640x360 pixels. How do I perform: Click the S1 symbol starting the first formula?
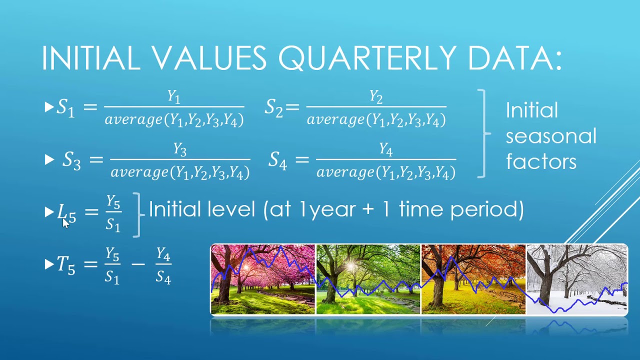coord(65,107)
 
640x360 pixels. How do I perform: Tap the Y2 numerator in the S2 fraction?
coord(376,96)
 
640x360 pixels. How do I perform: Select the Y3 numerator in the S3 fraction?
coord(179,149)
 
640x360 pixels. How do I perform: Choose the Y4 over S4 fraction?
coord(163,265)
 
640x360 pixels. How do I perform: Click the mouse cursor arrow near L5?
coord(65,222)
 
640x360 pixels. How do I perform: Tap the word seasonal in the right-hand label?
coord(551,136)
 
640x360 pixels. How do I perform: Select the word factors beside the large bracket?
coord(541,161)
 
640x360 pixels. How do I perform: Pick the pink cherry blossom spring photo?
coord(263,279)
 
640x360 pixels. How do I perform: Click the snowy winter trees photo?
coord(576,279)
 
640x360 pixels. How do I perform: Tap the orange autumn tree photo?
coord(473,279)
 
